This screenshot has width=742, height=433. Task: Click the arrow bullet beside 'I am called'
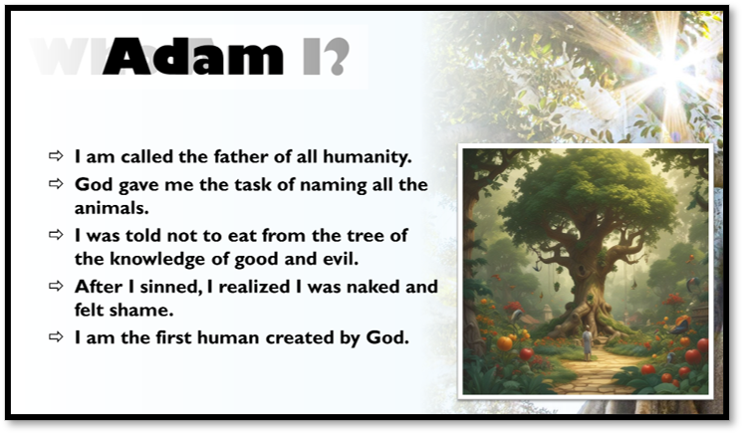point(55,156)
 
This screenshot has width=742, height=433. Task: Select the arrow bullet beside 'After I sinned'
point(55,287)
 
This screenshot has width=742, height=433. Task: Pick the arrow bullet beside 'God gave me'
point(55,184)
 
